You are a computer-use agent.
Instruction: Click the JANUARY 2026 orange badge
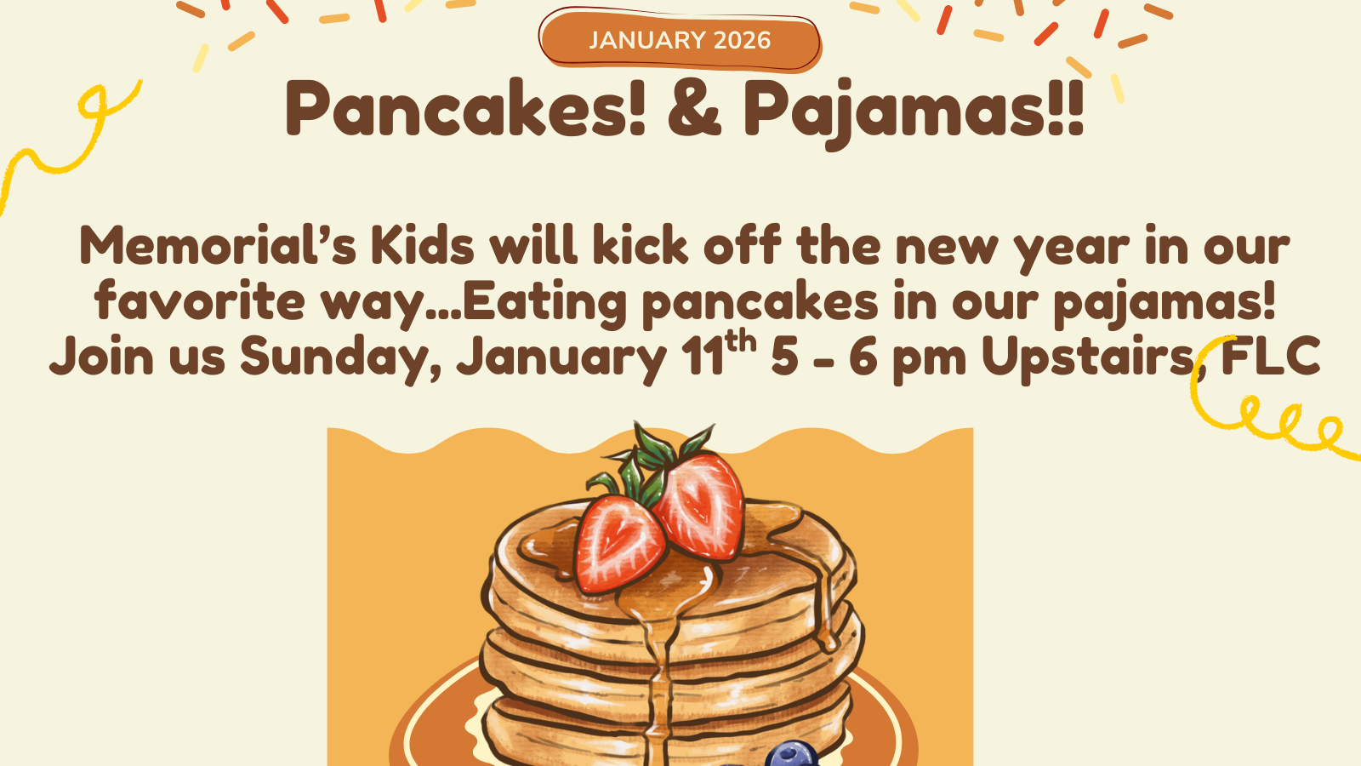pos(680,40)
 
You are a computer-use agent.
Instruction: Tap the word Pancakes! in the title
pos(465,109)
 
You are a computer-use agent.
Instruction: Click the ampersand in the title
pos(694,109)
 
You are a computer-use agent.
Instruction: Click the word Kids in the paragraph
pos(422,246)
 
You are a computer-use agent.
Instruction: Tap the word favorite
pos(199,301)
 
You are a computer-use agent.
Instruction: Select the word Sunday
pos(339,357)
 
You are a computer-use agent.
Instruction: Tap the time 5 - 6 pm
pos(868,357)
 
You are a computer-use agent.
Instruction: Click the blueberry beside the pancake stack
pos(791,755)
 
